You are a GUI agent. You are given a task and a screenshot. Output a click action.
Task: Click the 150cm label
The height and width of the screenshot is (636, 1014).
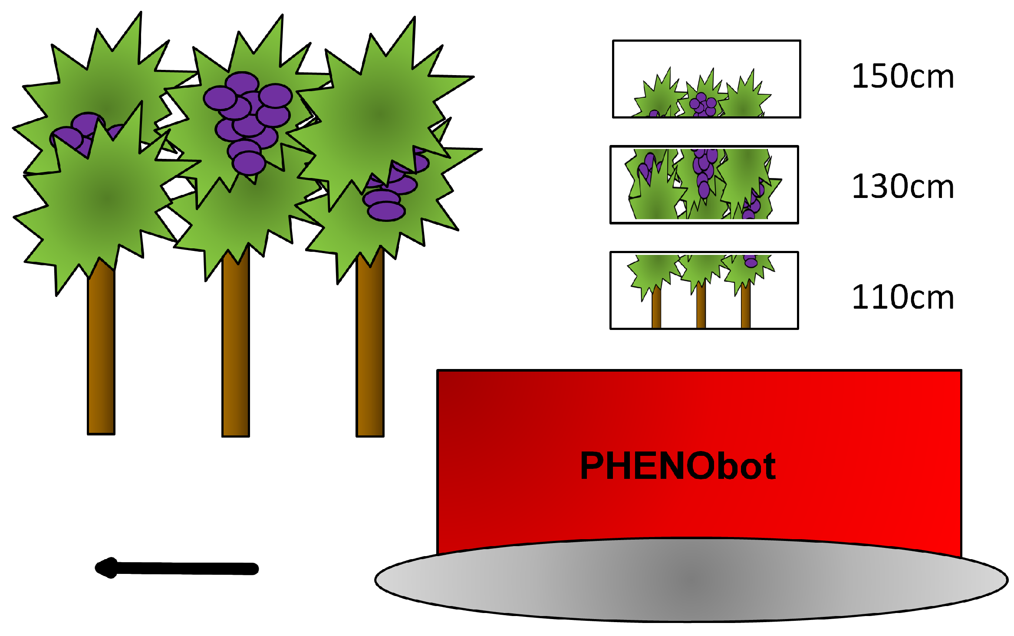[903, 76]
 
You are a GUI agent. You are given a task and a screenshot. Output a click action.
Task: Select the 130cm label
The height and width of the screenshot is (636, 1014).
[903, 187]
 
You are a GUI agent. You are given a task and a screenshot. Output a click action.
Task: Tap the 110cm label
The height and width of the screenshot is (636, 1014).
[903, 297]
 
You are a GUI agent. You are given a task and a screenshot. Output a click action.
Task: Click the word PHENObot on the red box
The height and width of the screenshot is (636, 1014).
[678, 466]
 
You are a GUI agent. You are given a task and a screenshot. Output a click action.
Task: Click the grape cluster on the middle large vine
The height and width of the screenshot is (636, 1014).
[247, 122]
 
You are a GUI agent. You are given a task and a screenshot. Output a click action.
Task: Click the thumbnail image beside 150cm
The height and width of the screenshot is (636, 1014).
[706, 79]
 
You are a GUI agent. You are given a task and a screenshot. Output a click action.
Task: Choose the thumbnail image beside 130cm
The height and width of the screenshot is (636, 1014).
[704, 185]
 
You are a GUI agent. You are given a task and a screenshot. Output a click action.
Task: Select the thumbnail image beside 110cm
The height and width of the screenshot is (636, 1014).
[704, 290]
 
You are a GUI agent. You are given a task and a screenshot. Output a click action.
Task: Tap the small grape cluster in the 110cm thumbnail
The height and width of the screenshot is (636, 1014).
[751, 261]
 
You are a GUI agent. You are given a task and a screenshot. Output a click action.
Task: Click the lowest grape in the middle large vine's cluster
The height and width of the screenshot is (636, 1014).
[249, 163]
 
